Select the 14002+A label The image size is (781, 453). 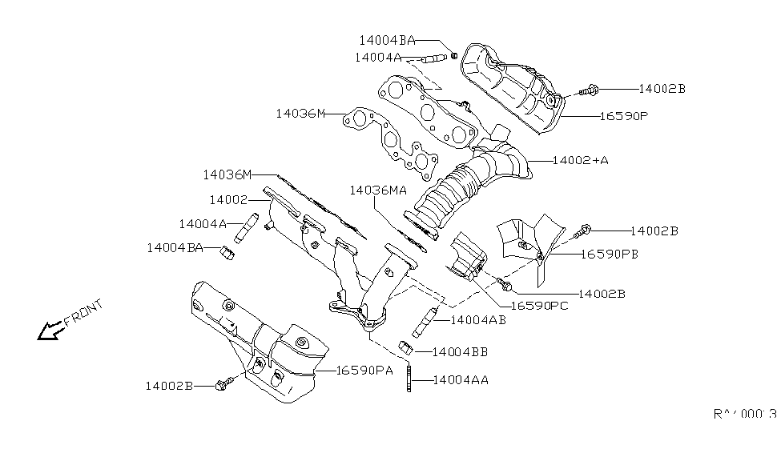coord(581,160)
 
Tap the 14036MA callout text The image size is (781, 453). coord(378,190)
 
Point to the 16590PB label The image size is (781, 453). coord(610,255)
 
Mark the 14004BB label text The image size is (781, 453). coord(460,351)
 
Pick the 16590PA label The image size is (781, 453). coord(364,370)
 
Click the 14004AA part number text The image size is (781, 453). coord(461,380)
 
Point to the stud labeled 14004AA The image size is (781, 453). coord(410,379)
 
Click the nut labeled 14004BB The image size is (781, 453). coord(405,347)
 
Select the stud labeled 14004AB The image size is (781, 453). coord(424,323)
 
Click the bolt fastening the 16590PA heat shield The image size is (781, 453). coord(223,384)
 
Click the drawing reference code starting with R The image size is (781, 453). coord(744,415)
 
